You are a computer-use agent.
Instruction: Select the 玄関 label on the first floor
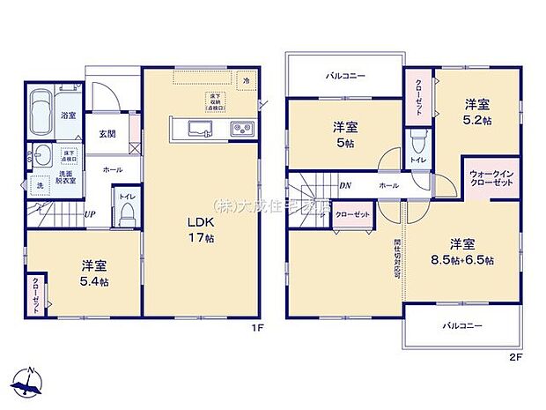point(107,133)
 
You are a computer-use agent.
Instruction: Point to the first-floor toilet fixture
point(128,212)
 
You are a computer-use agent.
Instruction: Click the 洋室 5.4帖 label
point(94,272)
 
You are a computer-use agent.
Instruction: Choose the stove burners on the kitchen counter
point(242,130)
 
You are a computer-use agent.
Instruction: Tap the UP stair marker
point(90,213)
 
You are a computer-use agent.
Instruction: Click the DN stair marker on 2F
point(346,185)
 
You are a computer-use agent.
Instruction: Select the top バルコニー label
point(345,77)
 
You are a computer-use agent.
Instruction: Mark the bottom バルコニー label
point(461,326)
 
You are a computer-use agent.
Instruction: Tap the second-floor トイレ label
point(418,161)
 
